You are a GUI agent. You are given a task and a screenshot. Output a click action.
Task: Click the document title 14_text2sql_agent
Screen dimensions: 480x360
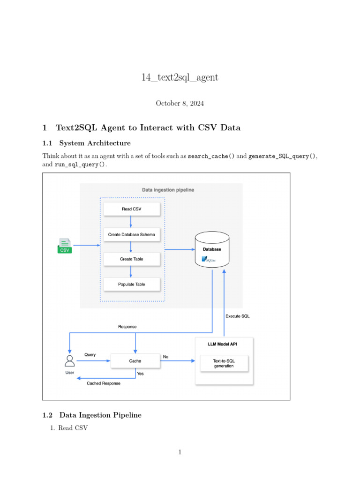[180, 77]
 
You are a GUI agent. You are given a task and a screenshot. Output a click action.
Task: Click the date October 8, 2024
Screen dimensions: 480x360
[180, 103]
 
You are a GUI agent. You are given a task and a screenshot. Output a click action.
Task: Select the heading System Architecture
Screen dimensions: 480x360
[93, 142]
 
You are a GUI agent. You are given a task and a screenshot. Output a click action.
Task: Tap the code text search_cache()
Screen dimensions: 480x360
[211, 156]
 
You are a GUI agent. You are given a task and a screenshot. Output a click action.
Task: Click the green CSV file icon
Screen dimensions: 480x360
[65, 246]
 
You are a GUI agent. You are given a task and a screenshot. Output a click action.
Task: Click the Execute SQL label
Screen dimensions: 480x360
[238, 316]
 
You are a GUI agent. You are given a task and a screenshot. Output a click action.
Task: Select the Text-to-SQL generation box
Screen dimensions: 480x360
[224, 363]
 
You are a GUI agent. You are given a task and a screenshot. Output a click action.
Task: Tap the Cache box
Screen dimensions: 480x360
[135, 361]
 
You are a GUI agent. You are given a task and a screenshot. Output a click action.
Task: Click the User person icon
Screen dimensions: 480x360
[70, 361]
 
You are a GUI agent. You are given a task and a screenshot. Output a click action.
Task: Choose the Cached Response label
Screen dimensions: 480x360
[104, 383]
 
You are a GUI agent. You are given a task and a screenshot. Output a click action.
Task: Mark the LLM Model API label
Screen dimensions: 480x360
[224, 344]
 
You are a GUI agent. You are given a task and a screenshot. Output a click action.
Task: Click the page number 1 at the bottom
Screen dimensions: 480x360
[180, 452]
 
